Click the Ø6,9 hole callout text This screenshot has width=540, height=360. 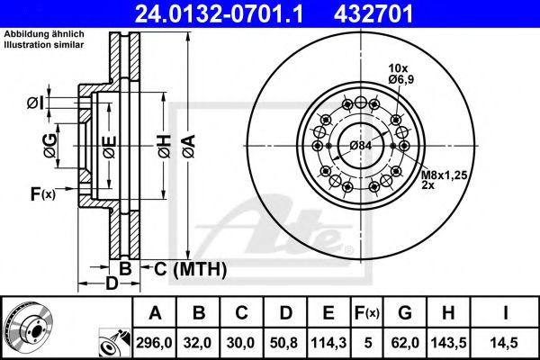[x=401, y=80]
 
